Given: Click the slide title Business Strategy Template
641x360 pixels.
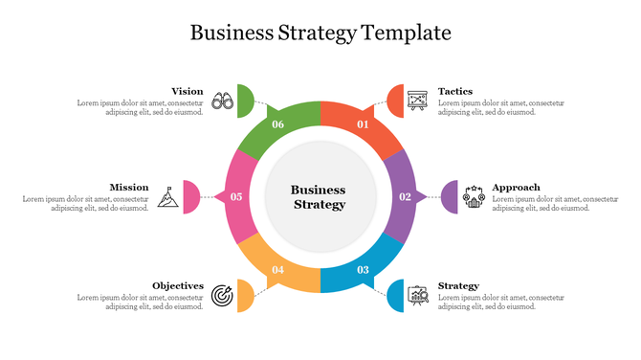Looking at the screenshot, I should tap(320, 33).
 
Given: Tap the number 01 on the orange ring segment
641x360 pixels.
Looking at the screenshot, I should tap(363, 124).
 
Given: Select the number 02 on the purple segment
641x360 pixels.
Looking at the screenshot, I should tap(405, 196).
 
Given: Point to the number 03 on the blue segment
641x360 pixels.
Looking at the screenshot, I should tap(363, 270).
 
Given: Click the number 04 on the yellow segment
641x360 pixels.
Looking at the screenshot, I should tap(277, 270).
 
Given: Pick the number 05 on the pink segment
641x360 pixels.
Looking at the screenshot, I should tap(236, 197).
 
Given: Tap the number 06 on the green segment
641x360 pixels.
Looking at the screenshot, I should tap(277, 124).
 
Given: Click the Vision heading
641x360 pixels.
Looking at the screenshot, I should tap(187, 92).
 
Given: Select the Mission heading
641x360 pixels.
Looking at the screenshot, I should tap(128, 188).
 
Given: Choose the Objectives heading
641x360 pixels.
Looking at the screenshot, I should tap(178, 285).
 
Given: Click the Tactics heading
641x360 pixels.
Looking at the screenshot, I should tap(454, 92).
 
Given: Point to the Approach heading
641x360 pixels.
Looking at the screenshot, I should tap(516, 188).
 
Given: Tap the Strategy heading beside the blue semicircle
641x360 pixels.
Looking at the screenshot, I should tap(458, 285).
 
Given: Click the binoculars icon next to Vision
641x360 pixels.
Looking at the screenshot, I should tap(222, 100).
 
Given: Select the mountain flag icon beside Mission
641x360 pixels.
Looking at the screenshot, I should tap(167, 196).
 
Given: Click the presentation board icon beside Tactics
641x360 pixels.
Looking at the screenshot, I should tap(417, 100).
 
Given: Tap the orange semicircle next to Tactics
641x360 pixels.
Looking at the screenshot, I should tap(395, 100).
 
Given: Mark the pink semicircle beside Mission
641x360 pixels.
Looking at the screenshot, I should tap(191, 196).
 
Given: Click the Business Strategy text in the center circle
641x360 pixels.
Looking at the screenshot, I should tap(319, 197).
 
